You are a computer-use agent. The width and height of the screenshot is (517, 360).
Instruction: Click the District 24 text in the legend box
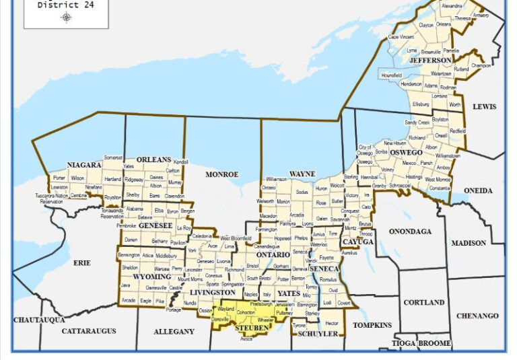pos(66,5)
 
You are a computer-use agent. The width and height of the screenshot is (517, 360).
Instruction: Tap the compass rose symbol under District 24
pos(66,17)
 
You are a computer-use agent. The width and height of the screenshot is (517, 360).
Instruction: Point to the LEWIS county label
pos(484,107)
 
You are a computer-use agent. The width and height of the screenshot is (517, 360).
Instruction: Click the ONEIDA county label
pos(479,191)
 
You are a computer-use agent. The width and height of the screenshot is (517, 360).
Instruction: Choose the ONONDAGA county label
pos(410,231)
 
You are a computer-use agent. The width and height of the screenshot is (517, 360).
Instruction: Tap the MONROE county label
pos(222,174)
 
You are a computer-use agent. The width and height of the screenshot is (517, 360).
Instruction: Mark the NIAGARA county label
pos(84,165)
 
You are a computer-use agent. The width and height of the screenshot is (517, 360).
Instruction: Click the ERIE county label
pos(81,262)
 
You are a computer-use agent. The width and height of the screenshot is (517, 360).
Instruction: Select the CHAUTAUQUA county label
pos(39,319)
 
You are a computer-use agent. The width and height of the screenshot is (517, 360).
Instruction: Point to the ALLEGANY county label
pos(174,331)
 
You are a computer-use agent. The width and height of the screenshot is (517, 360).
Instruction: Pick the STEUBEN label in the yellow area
pos(252,328)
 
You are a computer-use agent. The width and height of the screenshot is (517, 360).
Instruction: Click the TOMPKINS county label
pos(372,325)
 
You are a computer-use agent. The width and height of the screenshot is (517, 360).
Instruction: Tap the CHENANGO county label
pos(478,316)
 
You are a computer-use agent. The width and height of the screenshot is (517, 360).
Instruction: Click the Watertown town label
pos(441,73)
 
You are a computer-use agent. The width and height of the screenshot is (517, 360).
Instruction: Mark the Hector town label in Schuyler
pos(331,324)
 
